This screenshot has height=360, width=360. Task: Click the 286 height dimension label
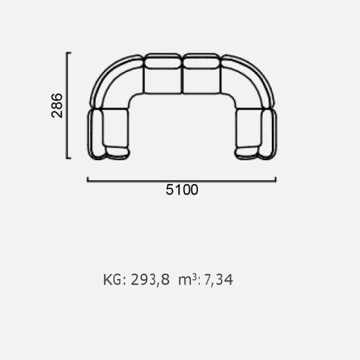click(x=57, y=106)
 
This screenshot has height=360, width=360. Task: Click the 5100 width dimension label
click(x=182, y=190)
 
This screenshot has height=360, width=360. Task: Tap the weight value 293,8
click(x=150, y=280)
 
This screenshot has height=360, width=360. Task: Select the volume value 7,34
click(x=218, y=280)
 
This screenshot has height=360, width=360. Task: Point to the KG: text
click(x=115, y=280)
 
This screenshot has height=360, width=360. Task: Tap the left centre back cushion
click(x=163, y=61)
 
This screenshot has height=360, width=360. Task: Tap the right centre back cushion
click(x=201, y=61)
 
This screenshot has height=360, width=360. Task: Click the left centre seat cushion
click(x=163, y=81)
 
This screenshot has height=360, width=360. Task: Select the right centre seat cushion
click(x=202, y=81)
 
